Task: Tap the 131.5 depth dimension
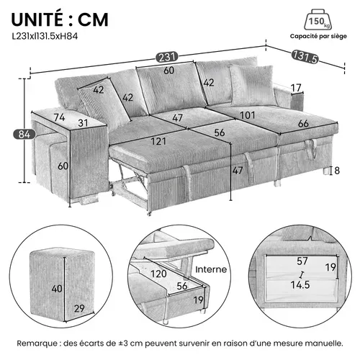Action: (306, 55)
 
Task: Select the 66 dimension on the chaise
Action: (302, 123)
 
